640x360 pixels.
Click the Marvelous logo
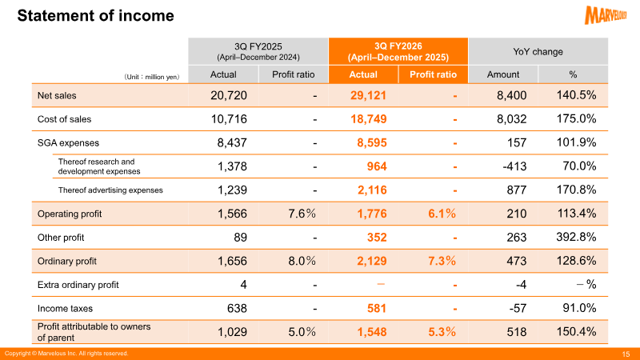(606, 14)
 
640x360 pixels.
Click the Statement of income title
(95, 15)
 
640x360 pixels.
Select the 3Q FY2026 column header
(398, 51)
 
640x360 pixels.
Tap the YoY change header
(538, 52)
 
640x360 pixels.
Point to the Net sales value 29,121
(368, 95)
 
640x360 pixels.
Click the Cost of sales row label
(64, 119)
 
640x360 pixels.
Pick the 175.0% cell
(576, 118)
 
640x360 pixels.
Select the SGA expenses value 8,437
(232, 143)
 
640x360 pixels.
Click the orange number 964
(377, 166)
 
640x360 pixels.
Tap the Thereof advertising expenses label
(110, 190)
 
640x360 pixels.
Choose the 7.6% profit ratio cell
(302, 214)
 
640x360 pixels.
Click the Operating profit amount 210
(516, 214)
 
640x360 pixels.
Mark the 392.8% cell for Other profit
(576, 237)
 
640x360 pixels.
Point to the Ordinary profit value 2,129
(372, 262)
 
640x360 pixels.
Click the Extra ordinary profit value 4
(243, 285)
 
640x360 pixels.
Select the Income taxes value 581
(377, 308)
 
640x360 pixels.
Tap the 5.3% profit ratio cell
(442, 332)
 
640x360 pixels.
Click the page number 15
(626, 354)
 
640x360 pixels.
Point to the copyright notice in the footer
(66, 354)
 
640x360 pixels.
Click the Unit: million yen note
(151, 77)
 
